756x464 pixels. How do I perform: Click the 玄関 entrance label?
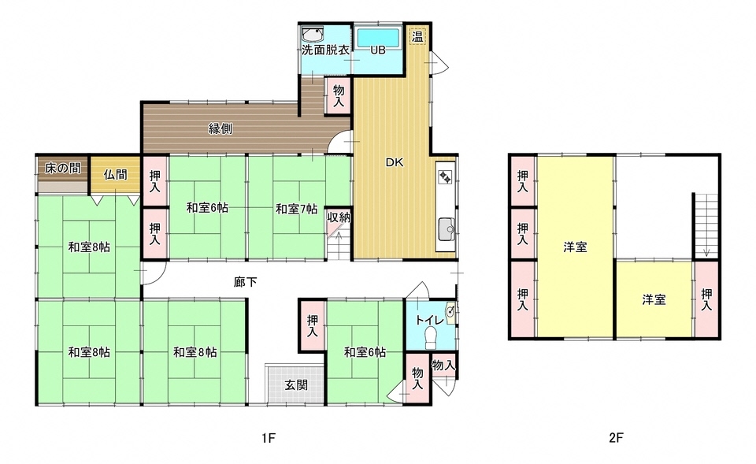(x=295, y=385)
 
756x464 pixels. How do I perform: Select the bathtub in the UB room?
(x=379, y=37)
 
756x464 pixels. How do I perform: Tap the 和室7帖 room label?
(x=296, y=209)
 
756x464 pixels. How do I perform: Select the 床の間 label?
(x=61, y=167)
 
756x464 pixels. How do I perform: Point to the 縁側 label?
(x=220, y=128)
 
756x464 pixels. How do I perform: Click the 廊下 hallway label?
(x=245, y=280)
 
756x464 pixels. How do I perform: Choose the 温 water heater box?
(x=418, y=35)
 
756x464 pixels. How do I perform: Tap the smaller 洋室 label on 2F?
(x=654, y=299)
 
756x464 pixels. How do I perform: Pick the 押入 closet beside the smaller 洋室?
(x=706, y=299)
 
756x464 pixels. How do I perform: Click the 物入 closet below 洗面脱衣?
(x=339, y=96)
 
